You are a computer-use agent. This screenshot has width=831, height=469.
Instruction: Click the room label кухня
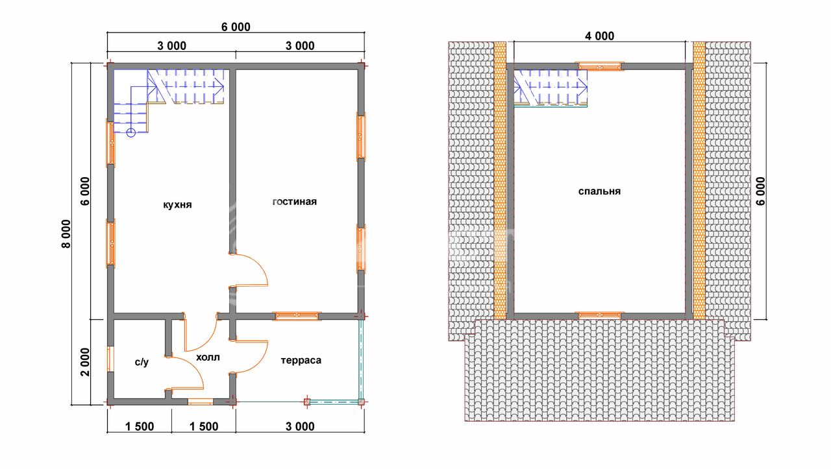(x=177, y=205)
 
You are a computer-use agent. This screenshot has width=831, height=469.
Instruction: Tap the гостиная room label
(x=295, y=202)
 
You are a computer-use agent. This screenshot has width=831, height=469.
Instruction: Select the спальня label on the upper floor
(x=599, y=191)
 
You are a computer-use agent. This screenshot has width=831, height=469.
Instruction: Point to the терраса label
(x=301, y=361)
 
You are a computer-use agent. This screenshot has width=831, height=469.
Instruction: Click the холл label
(x=208, y=357)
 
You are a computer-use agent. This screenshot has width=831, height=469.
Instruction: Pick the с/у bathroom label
(x=142, y=362)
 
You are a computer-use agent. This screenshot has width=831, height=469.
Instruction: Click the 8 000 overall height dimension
(x=66, y=234)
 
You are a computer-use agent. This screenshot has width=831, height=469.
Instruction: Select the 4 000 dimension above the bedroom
(x=599, y=36)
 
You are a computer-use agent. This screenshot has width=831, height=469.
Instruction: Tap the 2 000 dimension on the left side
(x=85, y=362)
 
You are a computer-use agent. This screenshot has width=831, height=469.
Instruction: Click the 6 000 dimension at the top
(x=236, y=27)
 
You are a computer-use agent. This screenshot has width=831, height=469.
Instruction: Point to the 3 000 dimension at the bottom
(x=300, y=427)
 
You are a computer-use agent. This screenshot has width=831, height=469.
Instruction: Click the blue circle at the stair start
(x=130, y=133)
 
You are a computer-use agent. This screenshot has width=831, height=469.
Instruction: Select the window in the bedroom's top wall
(x=599, y=67)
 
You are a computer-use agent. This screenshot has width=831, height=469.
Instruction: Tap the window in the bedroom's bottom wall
(x=599, y=316)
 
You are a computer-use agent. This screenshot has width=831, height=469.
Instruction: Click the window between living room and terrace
(x=297, y=316)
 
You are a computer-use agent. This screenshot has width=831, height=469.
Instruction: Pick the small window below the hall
(x=201, y=402)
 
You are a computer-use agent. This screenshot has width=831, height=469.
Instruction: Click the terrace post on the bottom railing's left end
(x=307, y=402)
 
